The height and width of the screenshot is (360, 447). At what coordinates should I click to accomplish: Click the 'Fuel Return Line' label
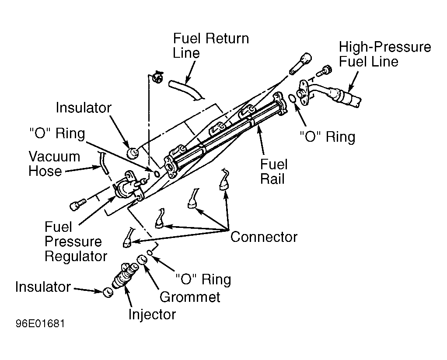tap(211, 45)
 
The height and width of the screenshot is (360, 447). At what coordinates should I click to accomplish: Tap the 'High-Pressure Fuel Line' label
tap(385, 54)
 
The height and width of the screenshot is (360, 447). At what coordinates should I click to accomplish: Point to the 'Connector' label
tap(264, 237)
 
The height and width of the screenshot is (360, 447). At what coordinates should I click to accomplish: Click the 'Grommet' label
tap(190, 297)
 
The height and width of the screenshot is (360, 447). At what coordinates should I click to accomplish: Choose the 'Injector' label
tap(152, 315)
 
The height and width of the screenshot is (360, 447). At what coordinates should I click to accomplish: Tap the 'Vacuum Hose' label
tap(54, 164)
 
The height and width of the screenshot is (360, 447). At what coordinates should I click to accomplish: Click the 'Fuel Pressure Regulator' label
tap(76, 241)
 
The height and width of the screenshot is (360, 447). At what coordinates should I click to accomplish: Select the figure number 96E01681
tap(40, 324)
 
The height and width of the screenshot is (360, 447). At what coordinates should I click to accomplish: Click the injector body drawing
tap(125, 276)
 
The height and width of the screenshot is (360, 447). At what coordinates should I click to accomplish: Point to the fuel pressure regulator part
tap(127, 186)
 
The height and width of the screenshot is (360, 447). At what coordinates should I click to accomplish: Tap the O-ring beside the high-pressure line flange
tap(292, 98)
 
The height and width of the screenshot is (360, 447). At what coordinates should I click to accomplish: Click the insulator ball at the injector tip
tap(108, 292)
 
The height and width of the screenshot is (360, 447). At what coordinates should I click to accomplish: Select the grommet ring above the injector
tap(142, 259)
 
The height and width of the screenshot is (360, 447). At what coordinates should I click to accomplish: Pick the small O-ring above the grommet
tap(150, 252)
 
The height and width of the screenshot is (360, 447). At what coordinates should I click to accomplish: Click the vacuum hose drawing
tap(104, 164)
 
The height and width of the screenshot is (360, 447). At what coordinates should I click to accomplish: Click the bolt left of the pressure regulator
tap(77, 205)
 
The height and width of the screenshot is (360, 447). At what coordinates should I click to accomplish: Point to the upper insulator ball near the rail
tap(132, 153)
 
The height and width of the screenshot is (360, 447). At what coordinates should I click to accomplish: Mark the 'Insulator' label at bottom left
tap(43, 287)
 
